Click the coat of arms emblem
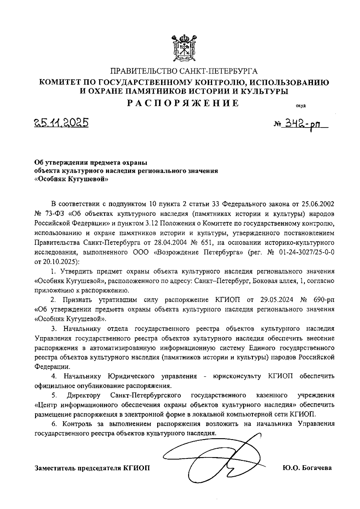coord(183,48)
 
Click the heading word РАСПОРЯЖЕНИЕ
coord(183,103)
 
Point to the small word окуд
coord(301,106)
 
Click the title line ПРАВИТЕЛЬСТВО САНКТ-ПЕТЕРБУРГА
coord(184,71)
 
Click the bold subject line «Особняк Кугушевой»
coord(71,179)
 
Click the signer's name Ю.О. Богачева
coord(307,468)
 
